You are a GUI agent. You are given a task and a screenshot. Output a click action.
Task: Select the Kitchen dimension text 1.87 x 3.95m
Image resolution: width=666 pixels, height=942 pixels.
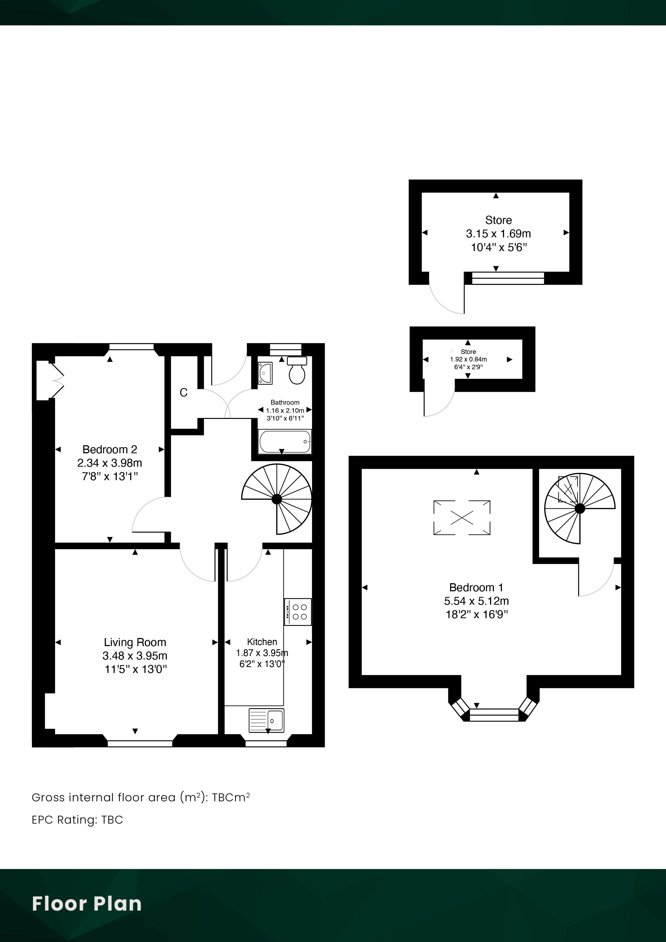[262, 653]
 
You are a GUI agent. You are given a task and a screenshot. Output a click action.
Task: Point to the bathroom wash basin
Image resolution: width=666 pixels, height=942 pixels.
[265, 373]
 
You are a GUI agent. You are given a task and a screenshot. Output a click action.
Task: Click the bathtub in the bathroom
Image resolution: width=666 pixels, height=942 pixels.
[285, 441]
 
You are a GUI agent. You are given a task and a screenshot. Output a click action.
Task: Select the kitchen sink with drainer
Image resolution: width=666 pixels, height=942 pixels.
[266, 720]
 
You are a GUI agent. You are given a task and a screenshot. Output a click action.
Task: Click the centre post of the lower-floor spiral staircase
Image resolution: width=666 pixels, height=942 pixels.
[277, 499]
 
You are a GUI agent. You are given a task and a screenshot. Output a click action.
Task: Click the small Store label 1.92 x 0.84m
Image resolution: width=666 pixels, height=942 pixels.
[468, 359]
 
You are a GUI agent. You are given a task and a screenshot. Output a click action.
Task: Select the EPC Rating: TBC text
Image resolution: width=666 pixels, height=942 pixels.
[77, 820]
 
